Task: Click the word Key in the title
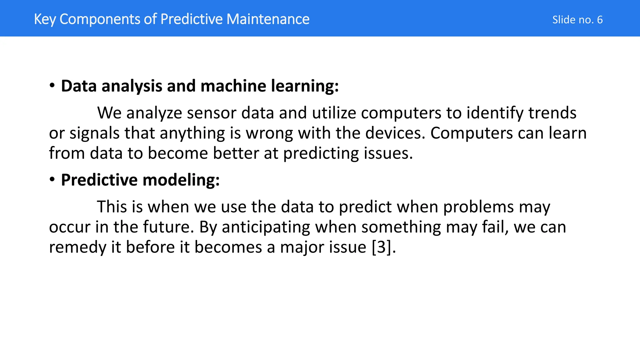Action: point(45,19)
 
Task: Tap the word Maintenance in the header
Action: point(268,19)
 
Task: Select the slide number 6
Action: point(600,20)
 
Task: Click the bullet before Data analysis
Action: point(52,85)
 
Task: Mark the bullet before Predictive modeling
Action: point(52,179)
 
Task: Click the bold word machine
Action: point(233,86)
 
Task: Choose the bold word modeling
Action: point(181,180)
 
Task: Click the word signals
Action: point(94,133)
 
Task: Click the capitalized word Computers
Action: point(471,133)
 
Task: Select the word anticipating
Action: point(266,227)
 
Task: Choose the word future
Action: point(168,227)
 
